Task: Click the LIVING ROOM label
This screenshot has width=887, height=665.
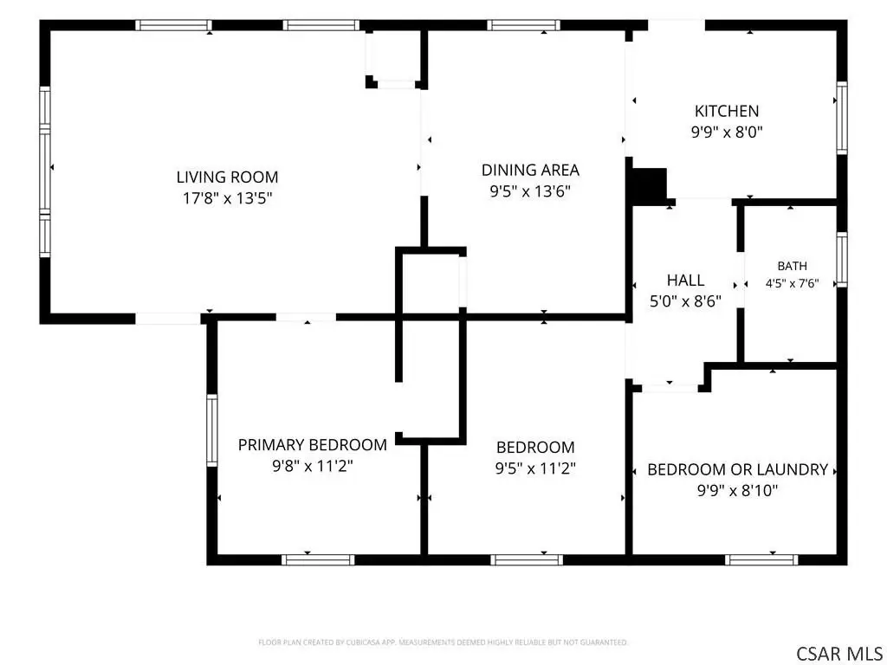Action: click(228, 177)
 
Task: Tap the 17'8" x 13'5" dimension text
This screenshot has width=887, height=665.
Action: click(228, 198)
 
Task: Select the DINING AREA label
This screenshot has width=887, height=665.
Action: click(530, 170)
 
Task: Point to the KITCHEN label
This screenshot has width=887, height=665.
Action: click(727, 111)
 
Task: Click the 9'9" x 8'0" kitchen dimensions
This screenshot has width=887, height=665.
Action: click(727, 132)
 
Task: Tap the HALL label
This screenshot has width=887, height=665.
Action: click(686, 280)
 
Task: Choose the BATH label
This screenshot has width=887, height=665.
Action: click(792, 266)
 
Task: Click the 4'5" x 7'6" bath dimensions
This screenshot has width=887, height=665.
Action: click(792, 284)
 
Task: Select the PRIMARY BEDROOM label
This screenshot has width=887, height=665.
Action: click(312, 445)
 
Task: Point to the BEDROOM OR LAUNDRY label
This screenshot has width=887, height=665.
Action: click(738, 469)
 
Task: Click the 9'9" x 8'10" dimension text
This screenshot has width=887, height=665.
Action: click(738, 490)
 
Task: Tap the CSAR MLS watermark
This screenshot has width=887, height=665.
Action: click(839, 654)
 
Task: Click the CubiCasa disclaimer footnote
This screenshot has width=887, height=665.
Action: click(443, 642)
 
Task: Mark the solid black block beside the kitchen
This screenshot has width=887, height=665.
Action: click(650, 187)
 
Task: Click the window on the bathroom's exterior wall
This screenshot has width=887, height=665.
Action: click(842, 260)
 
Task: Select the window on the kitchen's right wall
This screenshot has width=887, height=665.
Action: click(842, 118)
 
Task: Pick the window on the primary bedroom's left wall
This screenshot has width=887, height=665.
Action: click(212, 430)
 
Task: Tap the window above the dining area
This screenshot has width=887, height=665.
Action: click(524, 25)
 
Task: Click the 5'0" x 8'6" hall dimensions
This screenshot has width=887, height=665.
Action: click(686, 301)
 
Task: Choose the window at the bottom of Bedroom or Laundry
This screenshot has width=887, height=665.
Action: click(761, 560)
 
